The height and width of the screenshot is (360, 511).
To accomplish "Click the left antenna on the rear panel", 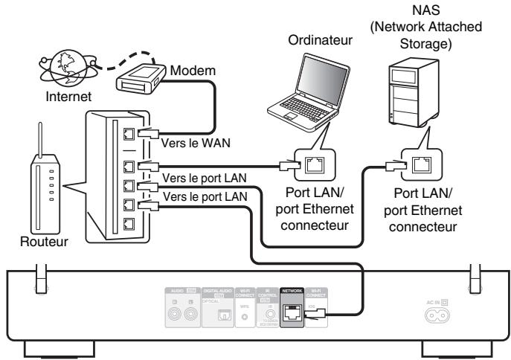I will pyautogui.click(x=43, y=275).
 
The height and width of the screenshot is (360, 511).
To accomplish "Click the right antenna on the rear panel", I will pyautogui.click(x=470, y=275).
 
